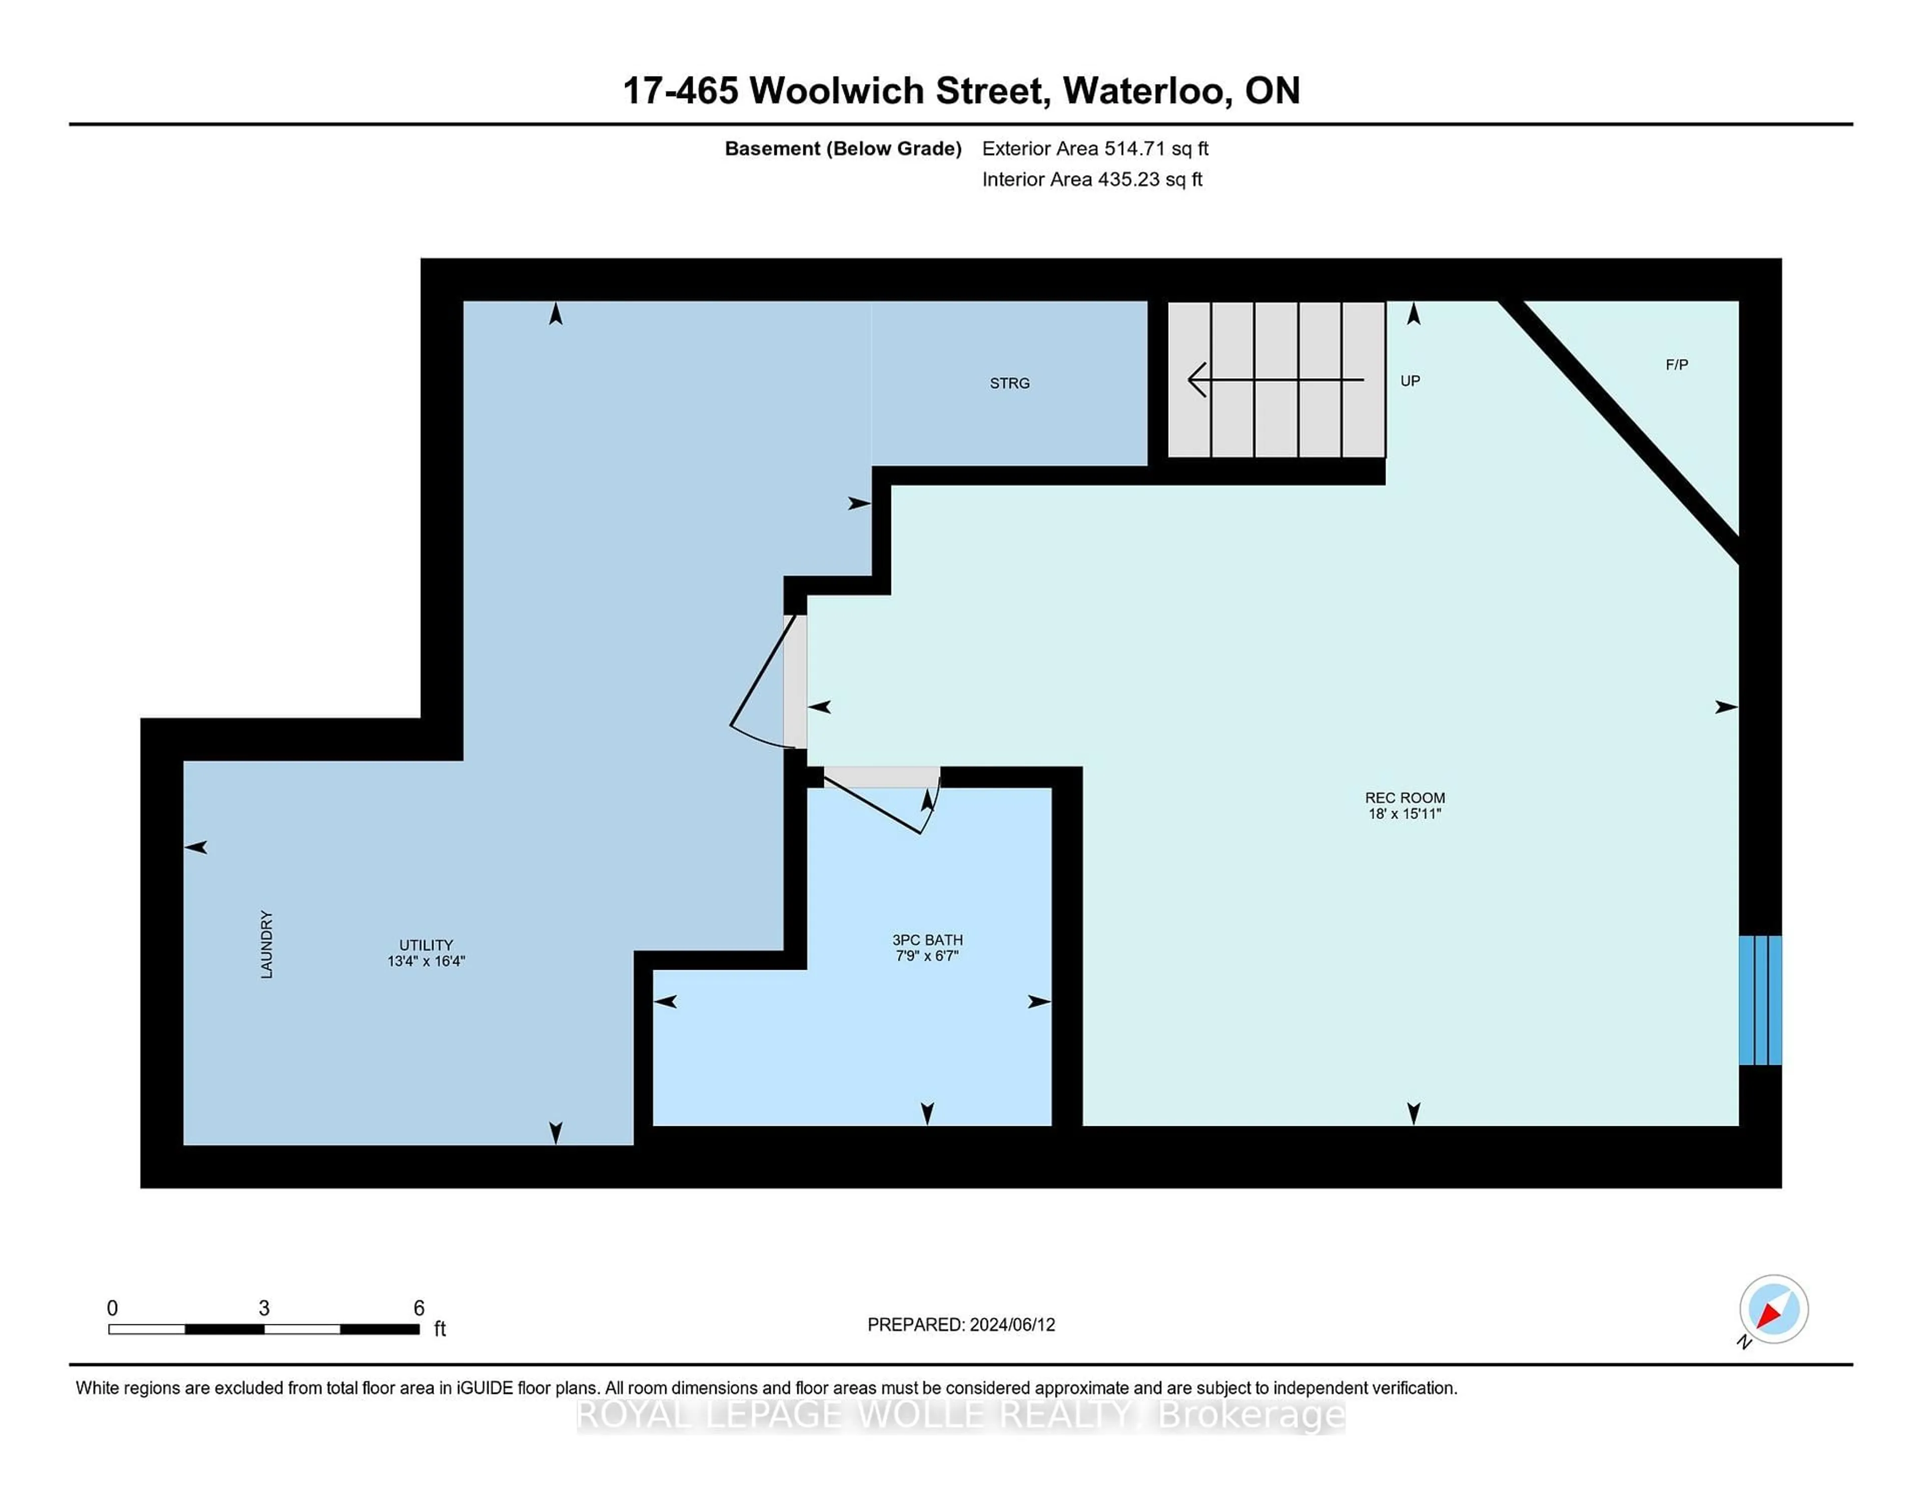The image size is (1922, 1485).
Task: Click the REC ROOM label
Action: point(1404,798)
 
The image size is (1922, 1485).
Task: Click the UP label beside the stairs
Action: point(1410,381)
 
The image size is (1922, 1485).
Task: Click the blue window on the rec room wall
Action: point(1760,1000)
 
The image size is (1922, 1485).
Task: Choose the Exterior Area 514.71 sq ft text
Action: point(1095,149)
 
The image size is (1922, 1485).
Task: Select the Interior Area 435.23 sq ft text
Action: point(1092,180)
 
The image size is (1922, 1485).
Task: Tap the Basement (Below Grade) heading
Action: point(842,149)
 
